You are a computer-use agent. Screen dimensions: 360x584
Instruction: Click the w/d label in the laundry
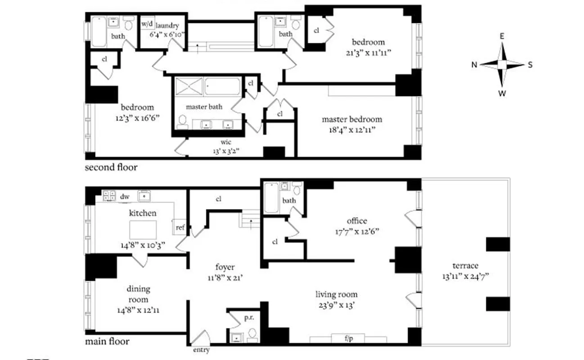click(146, 23)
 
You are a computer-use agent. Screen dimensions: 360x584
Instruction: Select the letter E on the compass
click(502, 37)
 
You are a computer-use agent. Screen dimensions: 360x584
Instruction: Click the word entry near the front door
click(201, 349)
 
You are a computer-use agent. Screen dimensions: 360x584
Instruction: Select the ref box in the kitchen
click(180, 228)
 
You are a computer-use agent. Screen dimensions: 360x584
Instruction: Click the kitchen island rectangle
click(143, 230)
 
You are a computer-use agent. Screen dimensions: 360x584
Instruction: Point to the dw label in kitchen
click(125, 196)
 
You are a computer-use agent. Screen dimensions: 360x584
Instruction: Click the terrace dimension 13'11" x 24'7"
click(465, 276)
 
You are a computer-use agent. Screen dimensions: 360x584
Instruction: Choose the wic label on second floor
click(226, 143)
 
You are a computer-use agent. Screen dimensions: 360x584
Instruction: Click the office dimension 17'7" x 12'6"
click(357, 231)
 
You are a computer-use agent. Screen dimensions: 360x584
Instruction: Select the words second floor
click(111, 167)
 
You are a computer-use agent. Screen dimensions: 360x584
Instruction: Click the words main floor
click(107, 342)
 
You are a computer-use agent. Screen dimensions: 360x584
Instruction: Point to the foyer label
click(225, 267)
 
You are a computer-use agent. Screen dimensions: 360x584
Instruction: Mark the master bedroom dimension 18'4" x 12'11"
click(352, 130)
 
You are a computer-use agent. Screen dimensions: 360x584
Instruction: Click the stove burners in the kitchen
click(109, 195)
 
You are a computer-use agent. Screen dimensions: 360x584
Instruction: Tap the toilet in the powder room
click(253, 333)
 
